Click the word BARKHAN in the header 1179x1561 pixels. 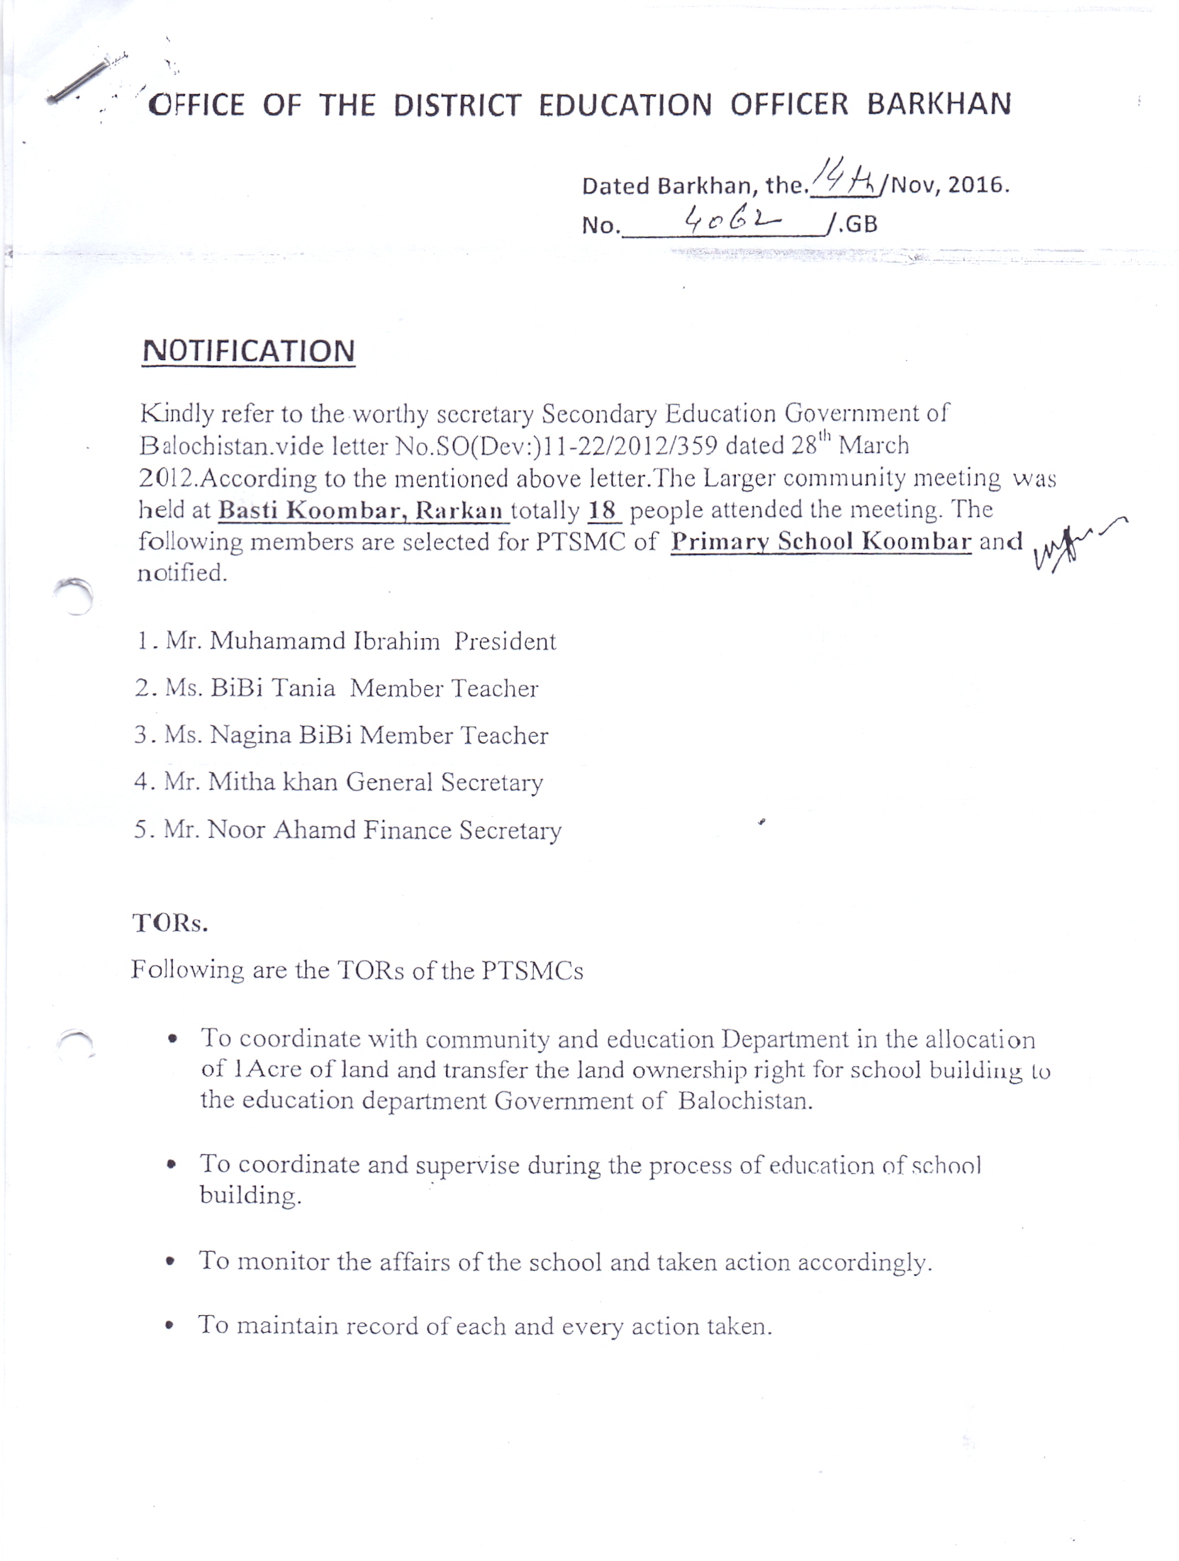click(939, 104)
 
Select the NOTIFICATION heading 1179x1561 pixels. click(248, 352)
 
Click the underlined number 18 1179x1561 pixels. click(603, 510)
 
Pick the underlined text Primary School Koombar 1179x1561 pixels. click(820, 542)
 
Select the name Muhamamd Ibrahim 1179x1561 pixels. click(324, 641)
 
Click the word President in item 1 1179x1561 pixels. click(505, 642)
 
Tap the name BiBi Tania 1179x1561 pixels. click(273, 688)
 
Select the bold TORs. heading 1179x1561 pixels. click(170, 923)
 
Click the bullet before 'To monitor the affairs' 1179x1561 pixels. click(171, 1263)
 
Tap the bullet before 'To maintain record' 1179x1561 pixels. click(169, 1326)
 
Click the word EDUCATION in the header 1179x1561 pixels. click(625, 105)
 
